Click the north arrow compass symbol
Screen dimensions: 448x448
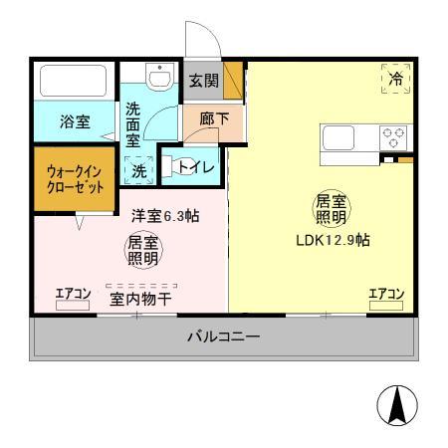(x=396, y=405)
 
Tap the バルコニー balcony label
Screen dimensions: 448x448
(x=224, y=336)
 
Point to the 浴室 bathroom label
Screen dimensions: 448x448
(x=75, y=121)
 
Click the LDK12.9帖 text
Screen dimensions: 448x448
(x=333, y=240)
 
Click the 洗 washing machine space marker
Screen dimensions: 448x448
(x=138, y=170)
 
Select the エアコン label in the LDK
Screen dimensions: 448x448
(x=385, y=293)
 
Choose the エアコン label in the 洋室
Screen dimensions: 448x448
(x=73, y=293)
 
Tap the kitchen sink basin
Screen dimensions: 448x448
(x=336, y=136)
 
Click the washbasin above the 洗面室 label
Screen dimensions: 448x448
(x=159, y=76)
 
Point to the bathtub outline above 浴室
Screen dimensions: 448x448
(x=75, y=81)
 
